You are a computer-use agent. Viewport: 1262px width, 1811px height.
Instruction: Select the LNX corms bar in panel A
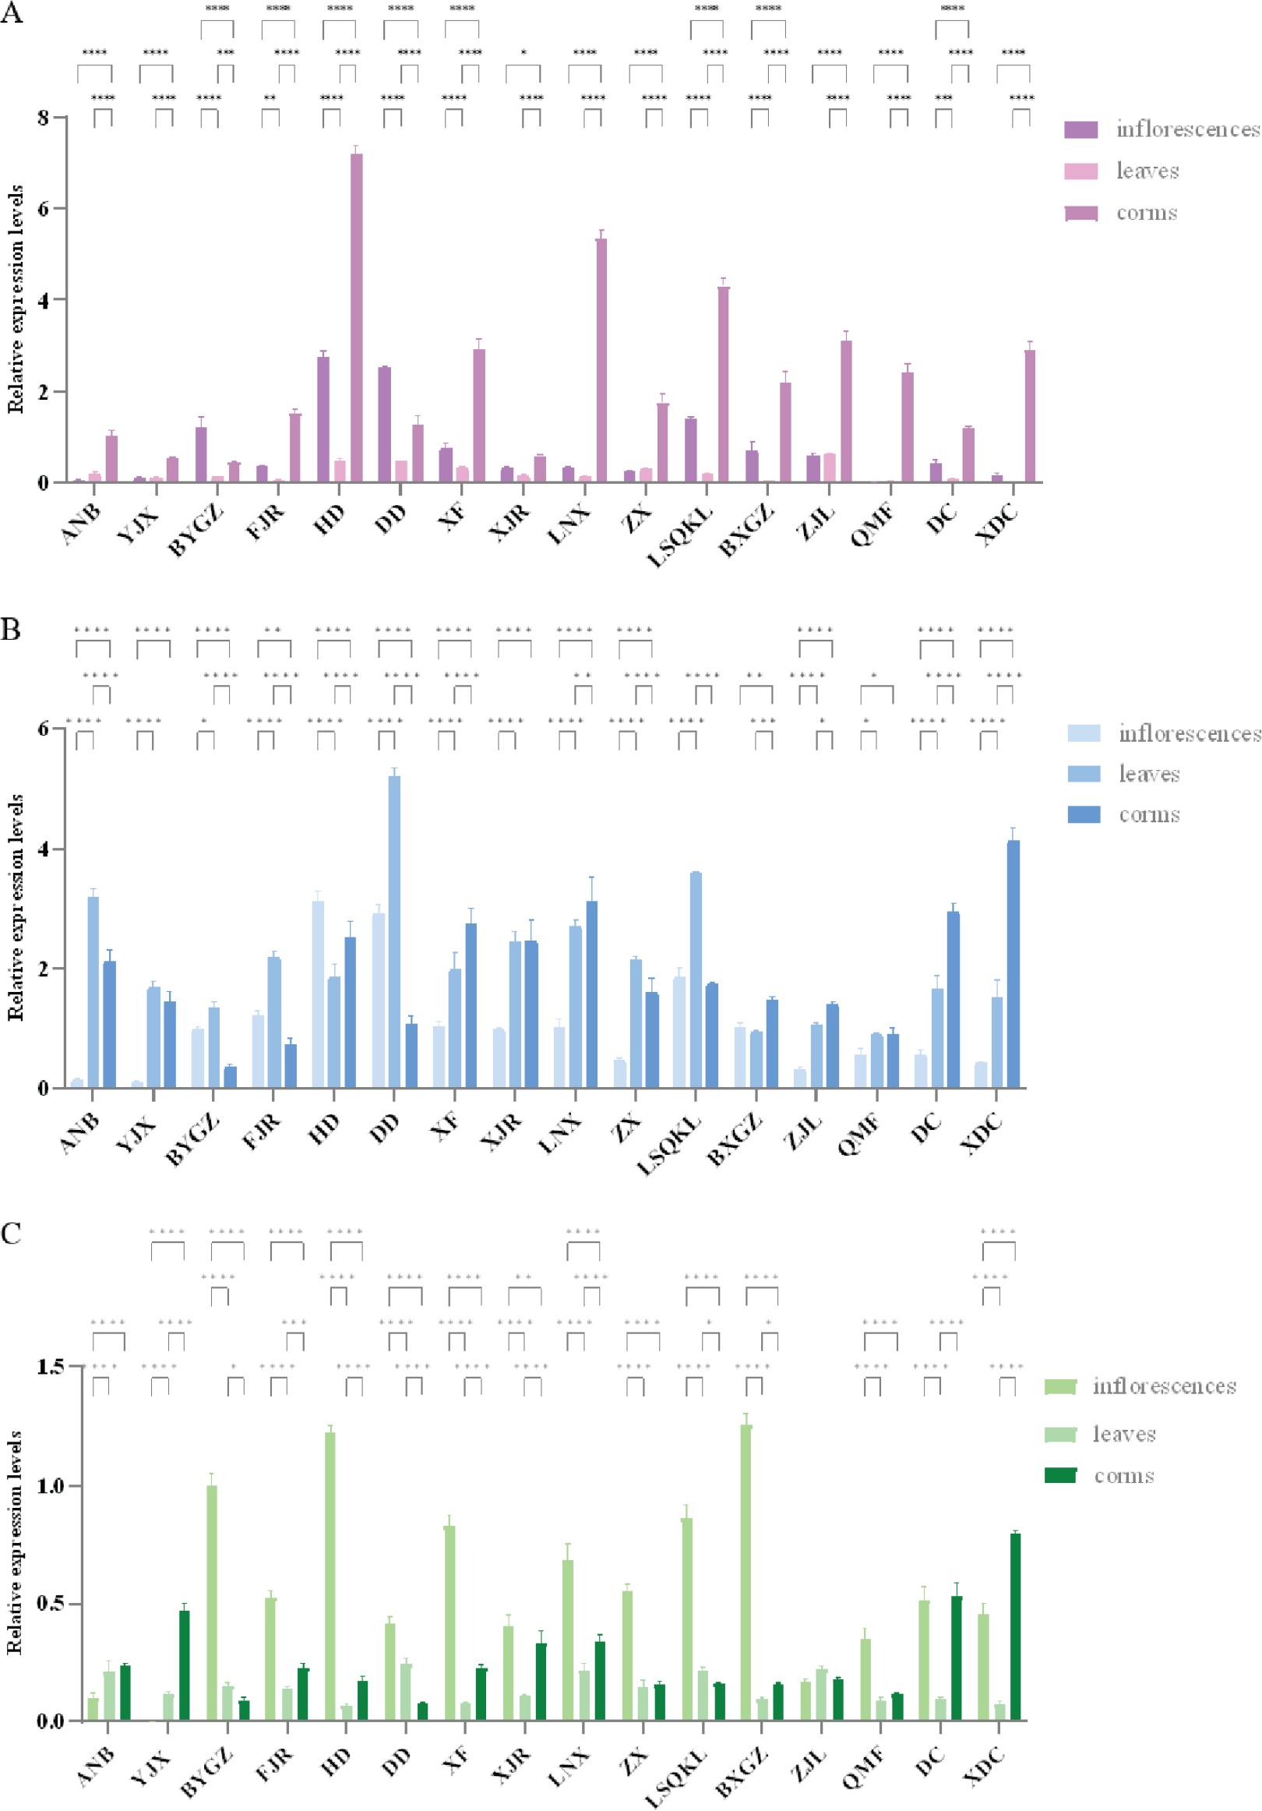(x=601, y=360)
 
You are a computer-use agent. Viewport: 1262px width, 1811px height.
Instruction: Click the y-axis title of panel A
(x=16, y=299)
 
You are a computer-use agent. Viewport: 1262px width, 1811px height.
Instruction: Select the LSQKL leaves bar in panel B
(x=696, y=980)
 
